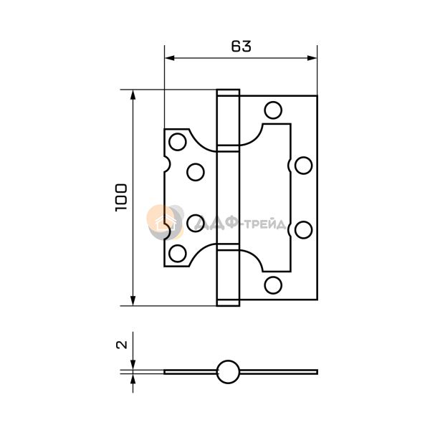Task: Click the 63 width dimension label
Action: click(x=241, y=47)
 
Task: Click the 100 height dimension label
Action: click(x=121, y=198)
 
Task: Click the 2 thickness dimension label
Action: click(x=122, y=345)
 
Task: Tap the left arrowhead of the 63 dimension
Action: click(x=170, y=58)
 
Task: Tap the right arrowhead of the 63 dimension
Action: click(x=312, y=58)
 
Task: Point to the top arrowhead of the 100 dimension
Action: click(x=133, y=95)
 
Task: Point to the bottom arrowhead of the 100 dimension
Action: click(x=133, y=300)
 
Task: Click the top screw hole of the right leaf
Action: click(x=273, y=110)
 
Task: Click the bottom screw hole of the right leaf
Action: click(x=273, y=285)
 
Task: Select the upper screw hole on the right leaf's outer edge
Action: click(x=304, y=166)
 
